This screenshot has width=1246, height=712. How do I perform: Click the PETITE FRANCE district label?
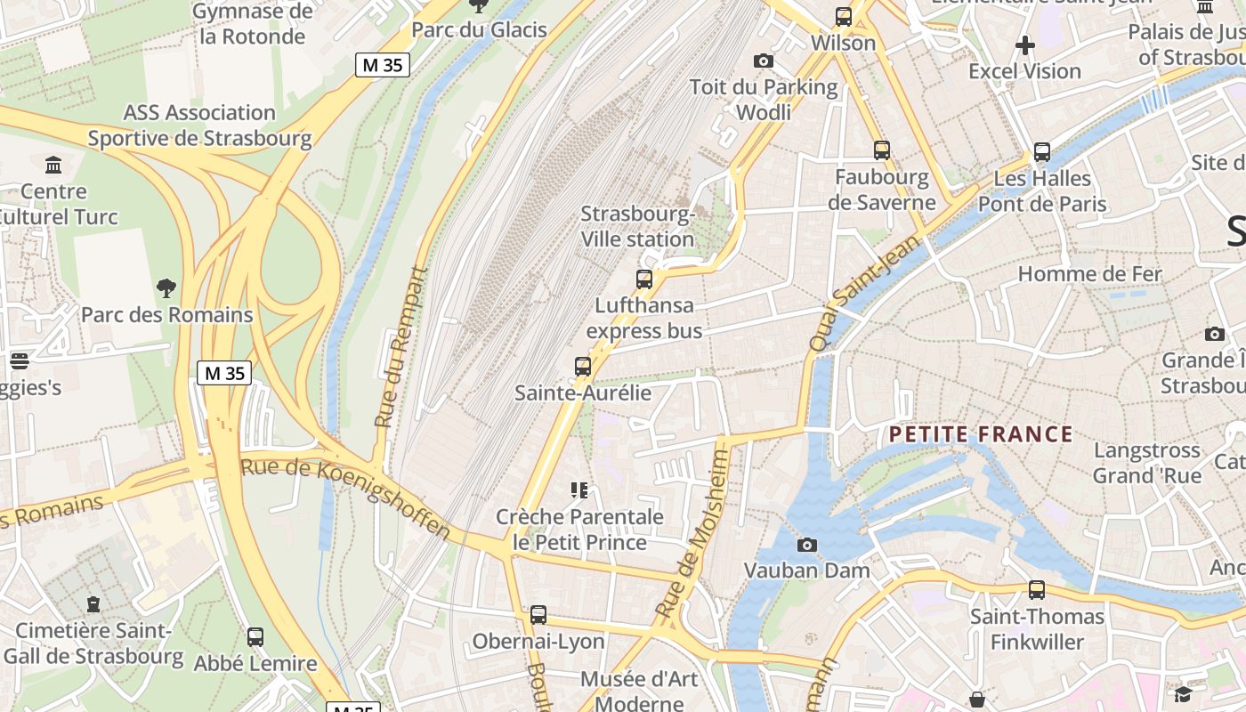pos(982,434)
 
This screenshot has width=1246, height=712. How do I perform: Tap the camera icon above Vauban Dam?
pos(807,545)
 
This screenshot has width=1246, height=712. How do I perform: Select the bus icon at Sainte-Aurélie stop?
pos(583,366)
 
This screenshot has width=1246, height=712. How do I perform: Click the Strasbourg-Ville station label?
pos(637,226)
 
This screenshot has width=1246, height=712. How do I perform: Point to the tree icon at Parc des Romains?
pos(166,288)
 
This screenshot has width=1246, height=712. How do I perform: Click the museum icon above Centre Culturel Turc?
pos(53,165)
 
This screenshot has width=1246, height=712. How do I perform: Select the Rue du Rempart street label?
pos(400,347)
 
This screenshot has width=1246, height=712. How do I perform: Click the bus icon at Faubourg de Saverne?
pos(881,150)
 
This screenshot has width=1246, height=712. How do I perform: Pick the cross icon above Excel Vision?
pos(1025,44)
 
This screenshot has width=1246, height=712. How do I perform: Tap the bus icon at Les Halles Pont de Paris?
pos(1042,152)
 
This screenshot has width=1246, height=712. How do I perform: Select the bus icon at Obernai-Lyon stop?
pos(538,615)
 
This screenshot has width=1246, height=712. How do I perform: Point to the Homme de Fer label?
pos(1089,273)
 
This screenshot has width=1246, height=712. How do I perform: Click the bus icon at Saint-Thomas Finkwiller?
pos(1037,590)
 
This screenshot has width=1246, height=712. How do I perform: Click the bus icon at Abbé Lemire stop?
pos(255,637)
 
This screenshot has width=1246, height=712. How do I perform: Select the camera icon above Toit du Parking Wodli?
pos(763,61)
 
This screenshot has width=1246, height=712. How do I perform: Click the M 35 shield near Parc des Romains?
pos(224,373)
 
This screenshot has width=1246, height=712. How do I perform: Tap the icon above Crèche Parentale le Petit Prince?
pos(579,489)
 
